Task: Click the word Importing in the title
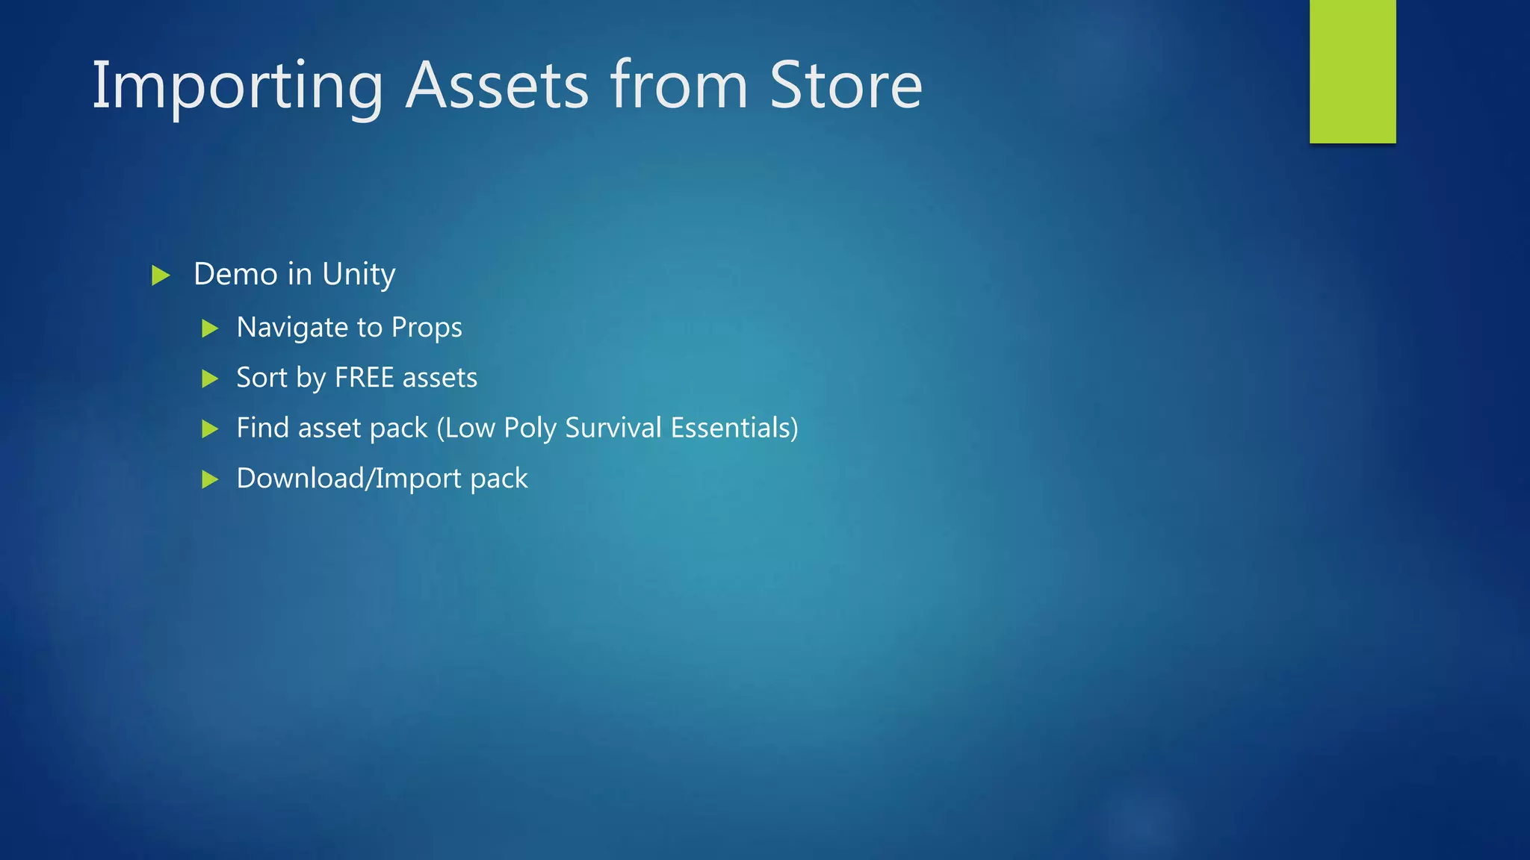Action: pyautogui.click(x=237, y=87)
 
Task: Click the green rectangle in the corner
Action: pyautogui.click(x=1352, y=71)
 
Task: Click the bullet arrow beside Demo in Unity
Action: pyautogui.click(x=161, y=275)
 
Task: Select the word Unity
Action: pyautogui.click(x=359, y=275)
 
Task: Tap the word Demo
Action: pyautogui.click(x=235, y=274)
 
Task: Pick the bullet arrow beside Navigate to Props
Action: pyautogui.click(x=210, y=328)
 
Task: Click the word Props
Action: pyautogui.click(x=427, y=328)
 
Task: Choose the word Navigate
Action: pyautogui.click(x=292, y=328)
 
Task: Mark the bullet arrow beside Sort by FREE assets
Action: pyautogui.click(x=210, y=378)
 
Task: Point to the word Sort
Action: pyautogui.click(x=261, y=378)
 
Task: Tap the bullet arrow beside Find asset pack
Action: pyautogui.click(x=210, y=429)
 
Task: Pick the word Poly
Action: pyautogui.click(x=530, y=429)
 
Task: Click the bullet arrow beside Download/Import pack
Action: pyautogui.click(x=210, y=479)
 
